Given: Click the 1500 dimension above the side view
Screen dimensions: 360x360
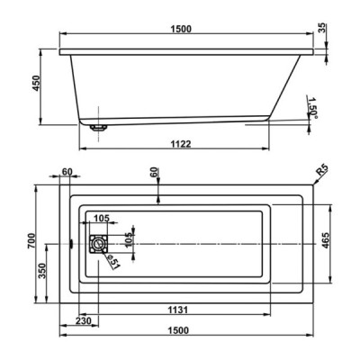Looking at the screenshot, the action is tap(181, 29).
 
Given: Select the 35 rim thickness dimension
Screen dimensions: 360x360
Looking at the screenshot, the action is tap(322, 30).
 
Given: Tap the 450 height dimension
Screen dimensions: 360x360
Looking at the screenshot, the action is tap(36, 83).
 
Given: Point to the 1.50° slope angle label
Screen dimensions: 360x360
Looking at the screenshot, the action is tap(312, 108).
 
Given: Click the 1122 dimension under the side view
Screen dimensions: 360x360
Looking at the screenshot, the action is tap(181, 144).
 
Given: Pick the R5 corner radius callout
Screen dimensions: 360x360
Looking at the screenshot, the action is tap(322, 171).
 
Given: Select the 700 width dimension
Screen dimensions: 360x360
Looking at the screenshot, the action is tap(31, 240).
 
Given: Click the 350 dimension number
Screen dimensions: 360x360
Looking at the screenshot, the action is tap(41, 271).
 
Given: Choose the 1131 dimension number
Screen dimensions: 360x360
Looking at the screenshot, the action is tap(178, 310).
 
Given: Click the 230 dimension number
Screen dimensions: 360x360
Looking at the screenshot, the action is tap(84, 320).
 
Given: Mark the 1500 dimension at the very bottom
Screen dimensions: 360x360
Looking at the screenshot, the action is tap(179, 330).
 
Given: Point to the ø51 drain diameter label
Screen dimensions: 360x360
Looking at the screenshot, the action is tap(113, 261).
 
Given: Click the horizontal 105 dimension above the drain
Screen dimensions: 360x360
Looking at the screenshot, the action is tap(101, 218).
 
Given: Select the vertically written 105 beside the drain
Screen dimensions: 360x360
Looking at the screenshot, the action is tap(129, 240).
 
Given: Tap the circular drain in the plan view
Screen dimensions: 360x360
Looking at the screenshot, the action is tap(97, 244).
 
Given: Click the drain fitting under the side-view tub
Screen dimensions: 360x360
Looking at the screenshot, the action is tap(98, 128).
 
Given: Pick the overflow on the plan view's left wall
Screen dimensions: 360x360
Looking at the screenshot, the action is tap(71, 243).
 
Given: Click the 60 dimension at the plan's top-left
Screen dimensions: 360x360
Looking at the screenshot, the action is tap(67, 171).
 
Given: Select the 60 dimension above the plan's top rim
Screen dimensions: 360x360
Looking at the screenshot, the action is tap(154, 174).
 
